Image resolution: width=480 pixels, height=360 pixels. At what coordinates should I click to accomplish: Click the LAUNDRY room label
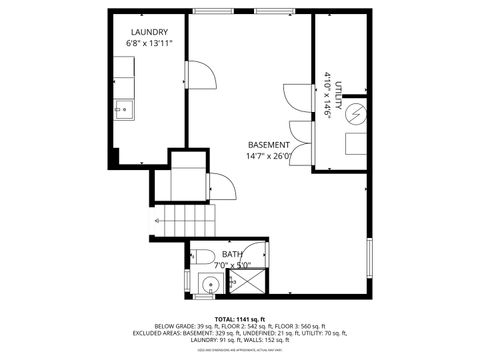point(147,32)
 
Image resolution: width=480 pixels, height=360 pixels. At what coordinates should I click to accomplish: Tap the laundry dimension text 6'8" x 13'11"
point(147,44)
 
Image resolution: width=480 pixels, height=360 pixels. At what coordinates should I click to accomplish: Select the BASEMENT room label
point(268,143)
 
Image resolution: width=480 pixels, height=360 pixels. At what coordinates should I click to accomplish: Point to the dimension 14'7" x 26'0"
point(268,155)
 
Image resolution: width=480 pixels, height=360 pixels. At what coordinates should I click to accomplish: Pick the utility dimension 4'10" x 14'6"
point(327,95)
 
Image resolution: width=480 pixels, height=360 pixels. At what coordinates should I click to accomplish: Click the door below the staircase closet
point(220,186)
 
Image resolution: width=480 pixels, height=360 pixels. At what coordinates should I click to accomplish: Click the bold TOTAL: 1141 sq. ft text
point(239,318)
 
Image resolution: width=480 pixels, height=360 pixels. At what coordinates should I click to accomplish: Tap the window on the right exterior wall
point(369,260)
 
